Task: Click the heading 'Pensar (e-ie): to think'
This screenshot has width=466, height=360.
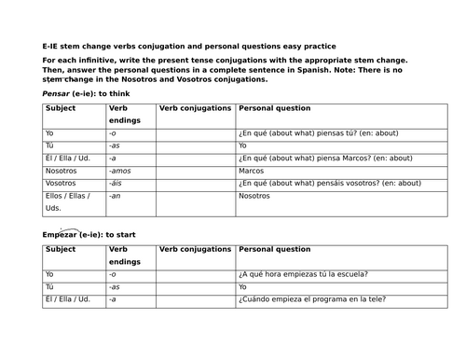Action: pos(84,94)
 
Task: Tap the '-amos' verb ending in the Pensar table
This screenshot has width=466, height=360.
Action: pos(120,172)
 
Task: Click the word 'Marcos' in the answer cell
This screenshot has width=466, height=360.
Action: pos(253,172)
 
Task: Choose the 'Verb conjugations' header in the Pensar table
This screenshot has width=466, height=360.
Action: pos(195,108)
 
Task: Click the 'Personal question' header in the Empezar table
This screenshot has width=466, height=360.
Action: pos(275,249)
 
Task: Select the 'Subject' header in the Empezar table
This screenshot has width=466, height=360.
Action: pos(61,249)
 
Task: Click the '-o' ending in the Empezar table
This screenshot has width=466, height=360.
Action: pos(113,274)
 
